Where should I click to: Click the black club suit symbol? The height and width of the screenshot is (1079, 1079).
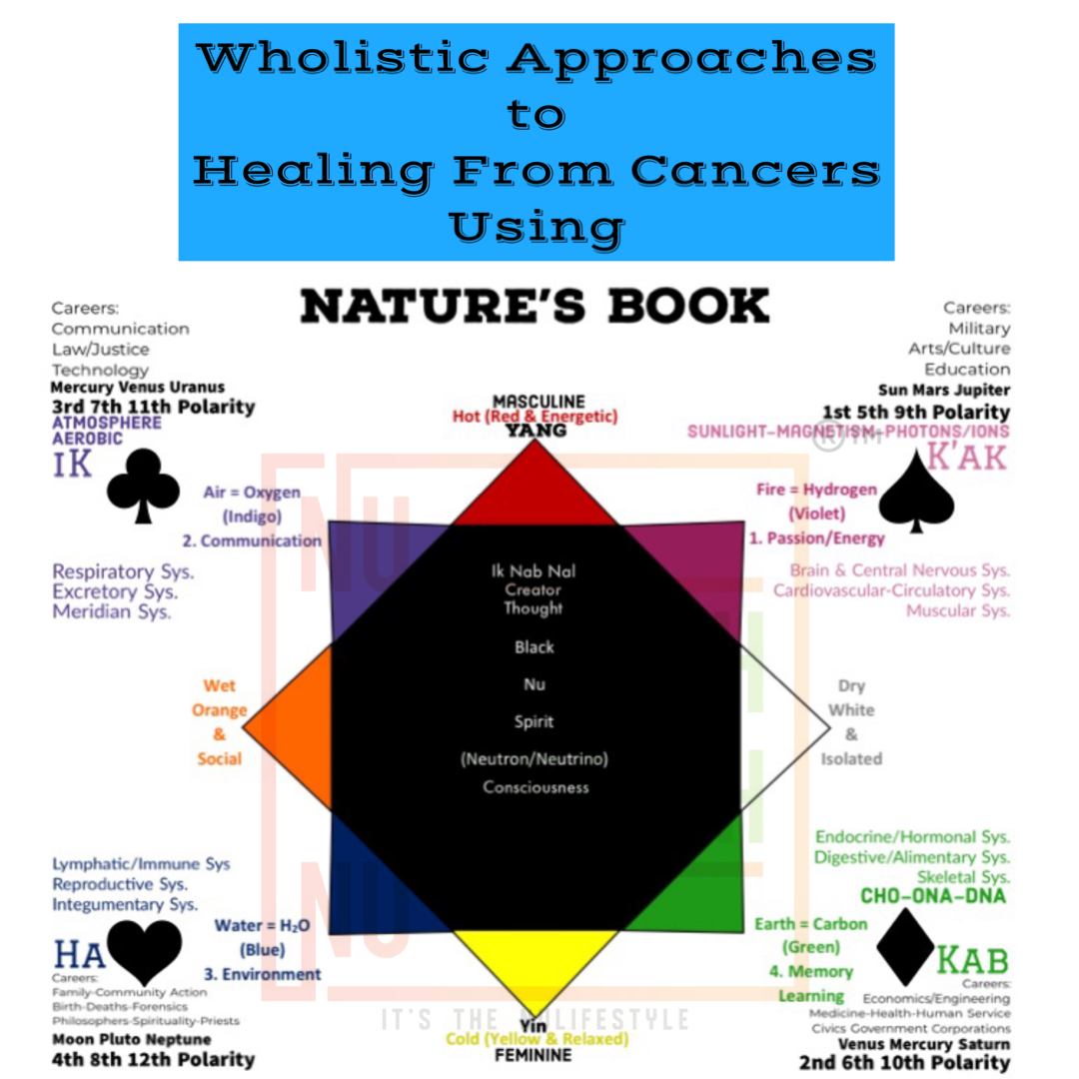point(143,485)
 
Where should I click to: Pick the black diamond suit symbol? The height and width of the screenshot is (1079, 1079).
point(905,948)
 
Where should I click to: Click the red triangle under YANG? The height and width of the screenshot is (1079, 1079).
point(536,490)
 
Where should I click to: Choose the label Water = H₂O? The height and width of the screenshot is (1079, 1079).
point(263,926)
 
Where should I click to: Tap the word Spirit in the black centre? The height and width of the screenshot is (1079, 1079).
point(535,721)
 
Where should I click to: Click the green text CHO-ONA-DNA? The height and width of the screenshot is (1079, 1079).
point(933,896)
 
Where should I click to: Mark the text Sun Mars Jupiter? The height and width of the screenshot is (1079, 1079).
point(944,391)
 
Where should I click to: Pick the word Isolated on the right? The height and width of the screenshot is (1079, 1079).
point(851,758)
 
